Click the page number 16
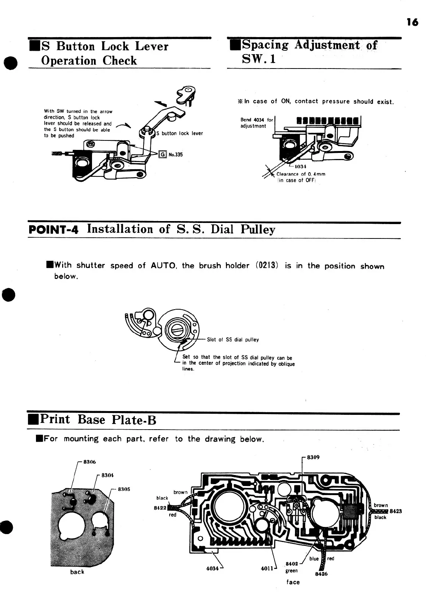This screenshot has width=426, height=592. point(412,22)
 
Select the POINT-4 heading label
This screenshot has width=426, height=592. point(53,230)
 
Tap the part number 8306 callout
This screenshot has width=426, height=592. point(90,462)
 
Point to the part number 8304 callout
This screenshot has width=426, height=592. point(108,475)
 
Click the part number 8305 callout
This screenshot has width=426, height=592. point(124,489)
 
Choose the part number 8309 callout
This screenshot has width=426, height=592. point(313,457)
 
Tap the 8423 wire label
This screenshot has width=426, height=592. point(396,511)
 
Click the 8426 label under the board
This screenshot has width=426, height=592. point(321,574)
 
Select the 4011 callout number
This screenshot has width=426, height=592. point(267,569)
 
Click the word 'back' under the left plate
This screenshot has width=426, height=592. point(77,572)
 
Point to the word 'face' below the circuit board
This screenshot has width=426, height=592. point(293,582)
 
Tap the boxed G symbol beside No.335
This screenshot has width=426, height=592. point(162,154)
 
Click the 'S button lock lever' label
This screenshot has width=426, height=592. point(180,133)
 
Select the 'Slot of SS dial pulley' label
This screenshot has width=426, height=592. point(233,340)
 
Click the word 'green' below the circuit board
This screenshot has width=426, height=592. point(292,571)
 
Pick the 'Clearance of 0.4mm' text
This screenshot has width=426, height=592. point(301,174)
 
